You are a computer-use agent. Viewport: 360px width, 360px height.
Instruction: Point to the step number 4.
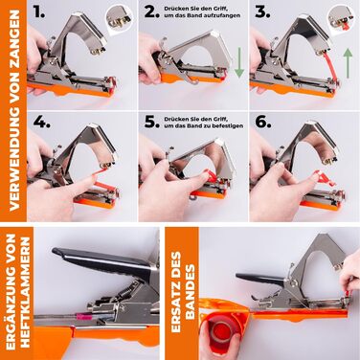coord(41,121)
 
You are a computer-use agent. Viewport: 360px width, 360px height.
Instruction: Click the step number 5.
coord(151,121)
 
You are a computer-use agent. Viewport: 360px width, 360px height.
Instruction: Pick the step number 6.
coord(263,121)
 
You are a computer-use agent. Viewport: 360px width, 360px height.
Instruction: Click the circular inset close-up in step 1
coord(121,17)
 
